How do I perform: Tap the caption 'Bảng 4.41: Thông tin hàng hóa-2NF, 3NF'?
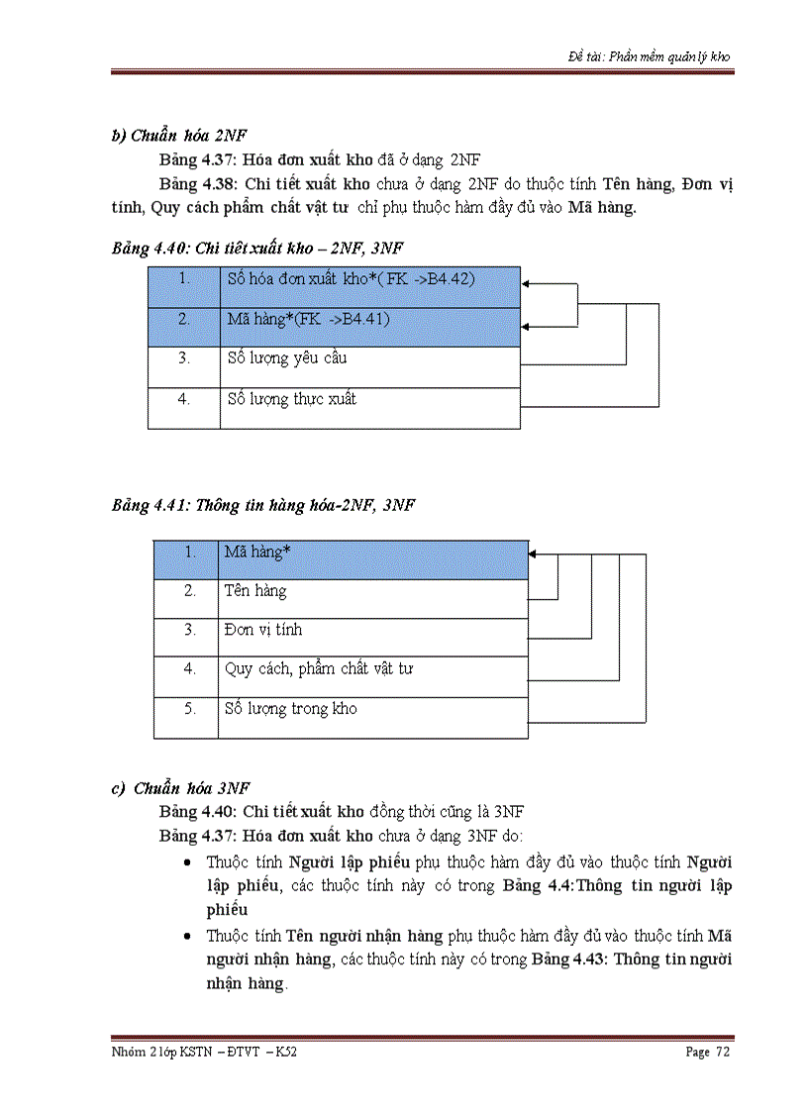pyautogui.click(x=262, y=505)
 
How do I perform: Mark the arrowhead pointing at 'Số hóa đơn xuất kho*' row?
pyautogui.click(x=527, y=284)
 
